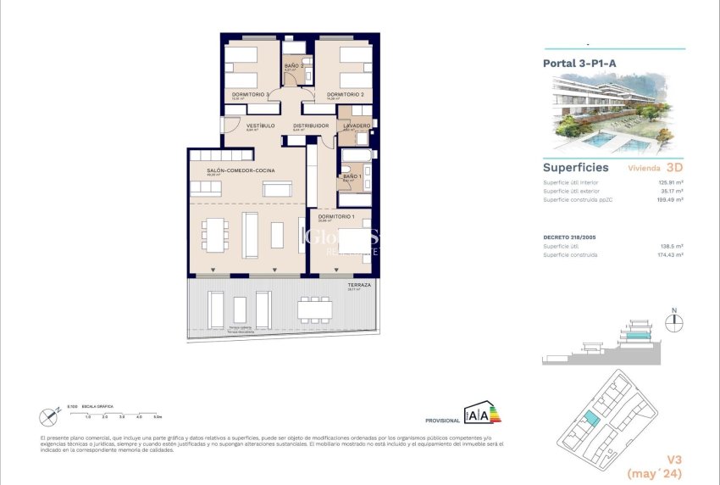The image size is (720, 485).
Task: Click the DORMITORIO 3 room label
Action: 251,94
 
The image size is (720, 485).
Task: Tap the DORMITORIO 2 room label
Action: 345,94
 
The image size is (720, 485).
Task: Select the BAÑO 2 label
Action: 293,65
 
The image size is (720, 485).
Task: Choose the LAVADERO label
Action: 357,125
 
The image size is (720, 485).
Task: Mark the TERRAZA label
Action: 359,286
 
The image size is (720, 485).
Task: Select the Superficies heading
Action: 575,167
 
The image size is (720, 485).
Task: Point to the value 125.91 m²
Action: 671,182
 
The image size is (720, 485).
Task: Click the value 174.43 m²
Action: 671,254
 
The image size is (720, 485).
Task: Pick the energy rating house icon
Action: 479,414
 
